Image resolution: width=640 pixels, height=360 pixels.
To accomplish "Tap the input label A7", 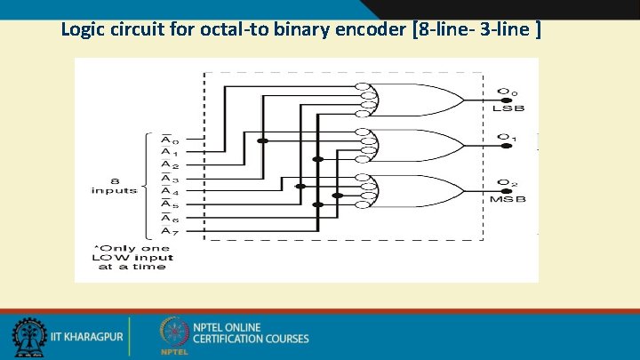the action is (168, 232).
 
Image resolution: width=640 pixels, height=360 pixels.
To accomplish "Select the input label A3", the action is (168, 180).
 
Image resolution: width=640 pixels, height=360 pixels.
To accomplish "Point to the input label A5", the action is (168, 205).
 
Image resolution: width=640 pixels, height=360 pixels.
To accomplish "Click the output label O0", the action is (507, 91).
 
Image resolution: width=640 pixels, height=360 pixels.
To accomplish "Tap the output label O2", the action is (507, 184).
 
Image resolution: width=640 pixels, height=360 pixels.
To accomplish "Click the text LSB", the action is (508, 108).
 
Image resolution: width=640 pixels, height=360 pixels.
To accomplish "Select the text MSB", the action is (508, 199).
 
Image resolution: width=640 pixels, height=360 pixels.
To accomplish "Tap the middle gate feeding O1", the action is (413, 144).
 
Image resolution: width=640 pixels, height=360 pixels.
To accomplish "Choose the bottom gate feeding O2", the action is (413, 190).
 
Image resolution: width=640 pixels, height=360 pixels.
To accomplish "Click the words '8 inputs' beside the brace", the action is (114, 184).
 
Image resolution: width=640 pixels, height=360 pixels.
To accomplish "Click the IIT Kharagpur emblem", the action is (28, 337).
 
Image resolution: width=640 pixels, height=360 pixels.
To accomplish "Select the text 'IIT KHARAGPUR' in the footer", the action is (87, 338).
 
